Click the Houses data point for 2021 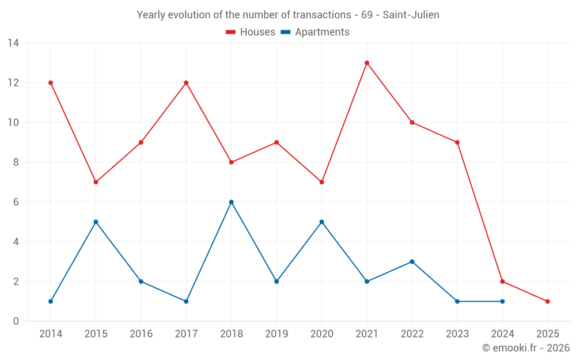367,63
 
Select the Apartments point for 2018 232,202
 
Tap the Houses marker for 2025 548,301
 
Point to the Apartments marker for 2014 51,301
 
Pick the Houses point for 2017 186,83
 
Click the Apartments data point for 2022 412,262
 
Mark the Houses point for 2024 503,282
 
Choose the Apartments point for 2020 321,222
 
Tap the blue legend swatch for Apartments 285,32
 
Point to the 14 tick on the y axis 13,43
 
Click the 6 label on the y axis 16,202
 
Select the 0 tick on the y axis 16,321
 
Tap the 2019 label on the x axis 276,334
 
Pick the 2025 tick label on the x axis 548,334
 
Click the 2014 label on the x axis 51,334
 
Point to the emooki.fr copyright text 526,348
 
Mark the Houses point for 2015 96,182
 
